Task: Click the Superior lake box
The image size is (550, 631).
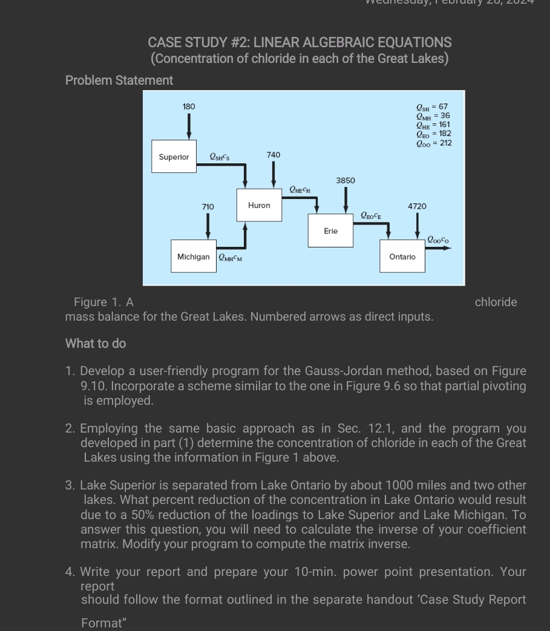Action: [174, 157]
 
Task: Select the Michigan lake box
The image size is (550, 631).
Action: [193, 257]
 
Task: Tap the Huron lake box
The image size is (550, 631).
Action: [259, 206]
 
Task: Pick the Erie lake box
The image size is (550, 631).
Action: [330, 231]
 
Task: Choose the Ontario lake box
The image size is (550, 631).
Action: [402, 257]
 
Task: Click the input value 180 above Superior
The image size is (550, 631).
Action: [189, 106]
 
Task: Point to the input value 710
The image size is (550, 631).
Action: [208, 207]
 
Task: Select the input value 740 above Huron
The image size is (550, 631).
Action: [273, 155]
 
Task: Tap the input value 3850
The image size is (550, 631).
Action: [345, 180]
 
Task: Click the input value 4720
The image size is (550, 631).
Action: [417, 206]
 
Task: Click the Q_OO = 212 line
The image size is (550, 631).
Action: [433, 143]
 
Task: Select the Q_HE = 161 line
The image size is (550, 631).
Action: [433, 125]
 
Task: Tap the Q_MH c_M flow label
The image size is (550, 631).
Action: [230, 257]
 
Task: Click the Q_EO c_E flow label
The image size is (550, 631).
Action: [371, 215]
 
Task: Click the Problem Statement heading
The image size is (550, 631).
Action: [119, 80]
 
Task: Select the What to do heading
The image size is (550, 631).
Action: [96, 344]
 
